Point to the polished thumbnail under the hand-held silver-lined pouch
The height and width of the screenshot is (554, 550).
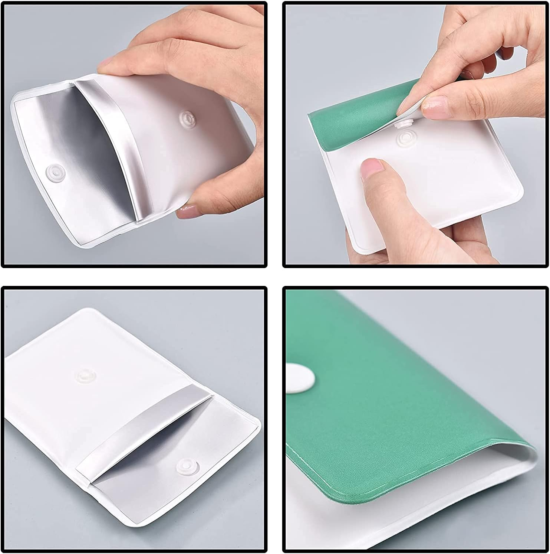(187, 213)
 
